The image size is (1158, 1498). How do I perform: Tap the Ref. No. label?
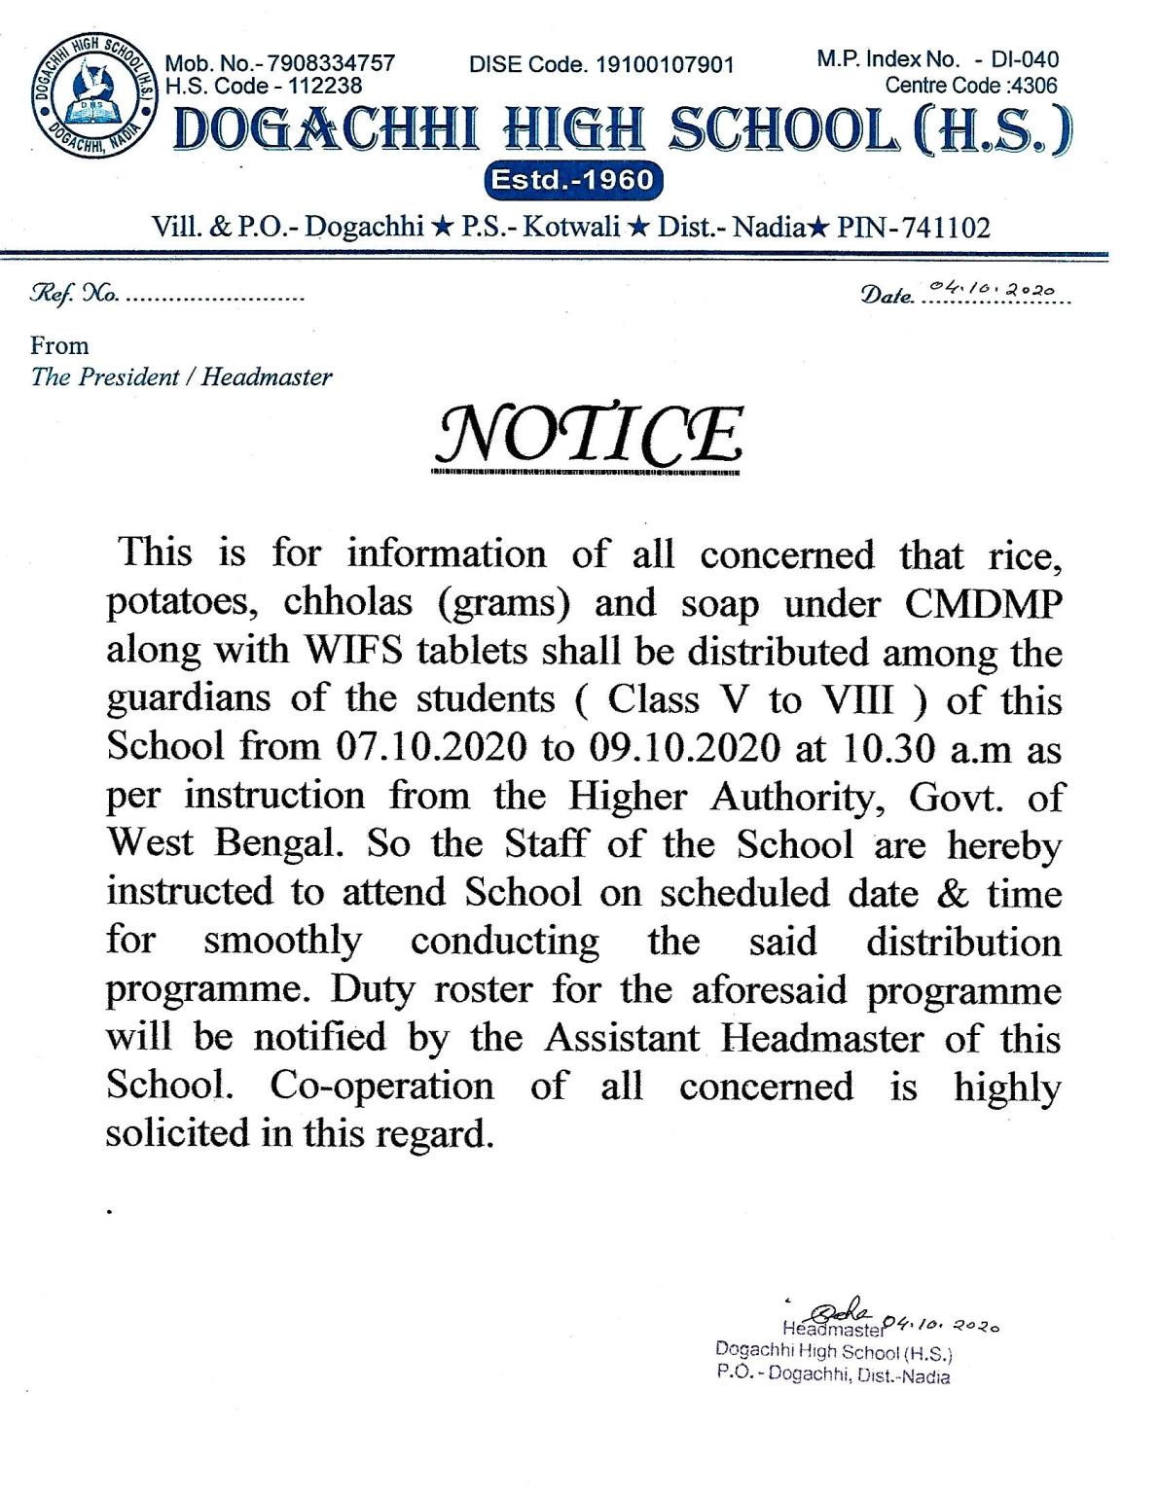(x=75, y=293)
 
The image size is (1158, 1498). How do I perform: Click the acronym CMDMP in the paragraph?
(x=984, y=603)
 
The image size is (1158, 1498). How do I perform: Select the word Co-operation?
(x=382, y=1086)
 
